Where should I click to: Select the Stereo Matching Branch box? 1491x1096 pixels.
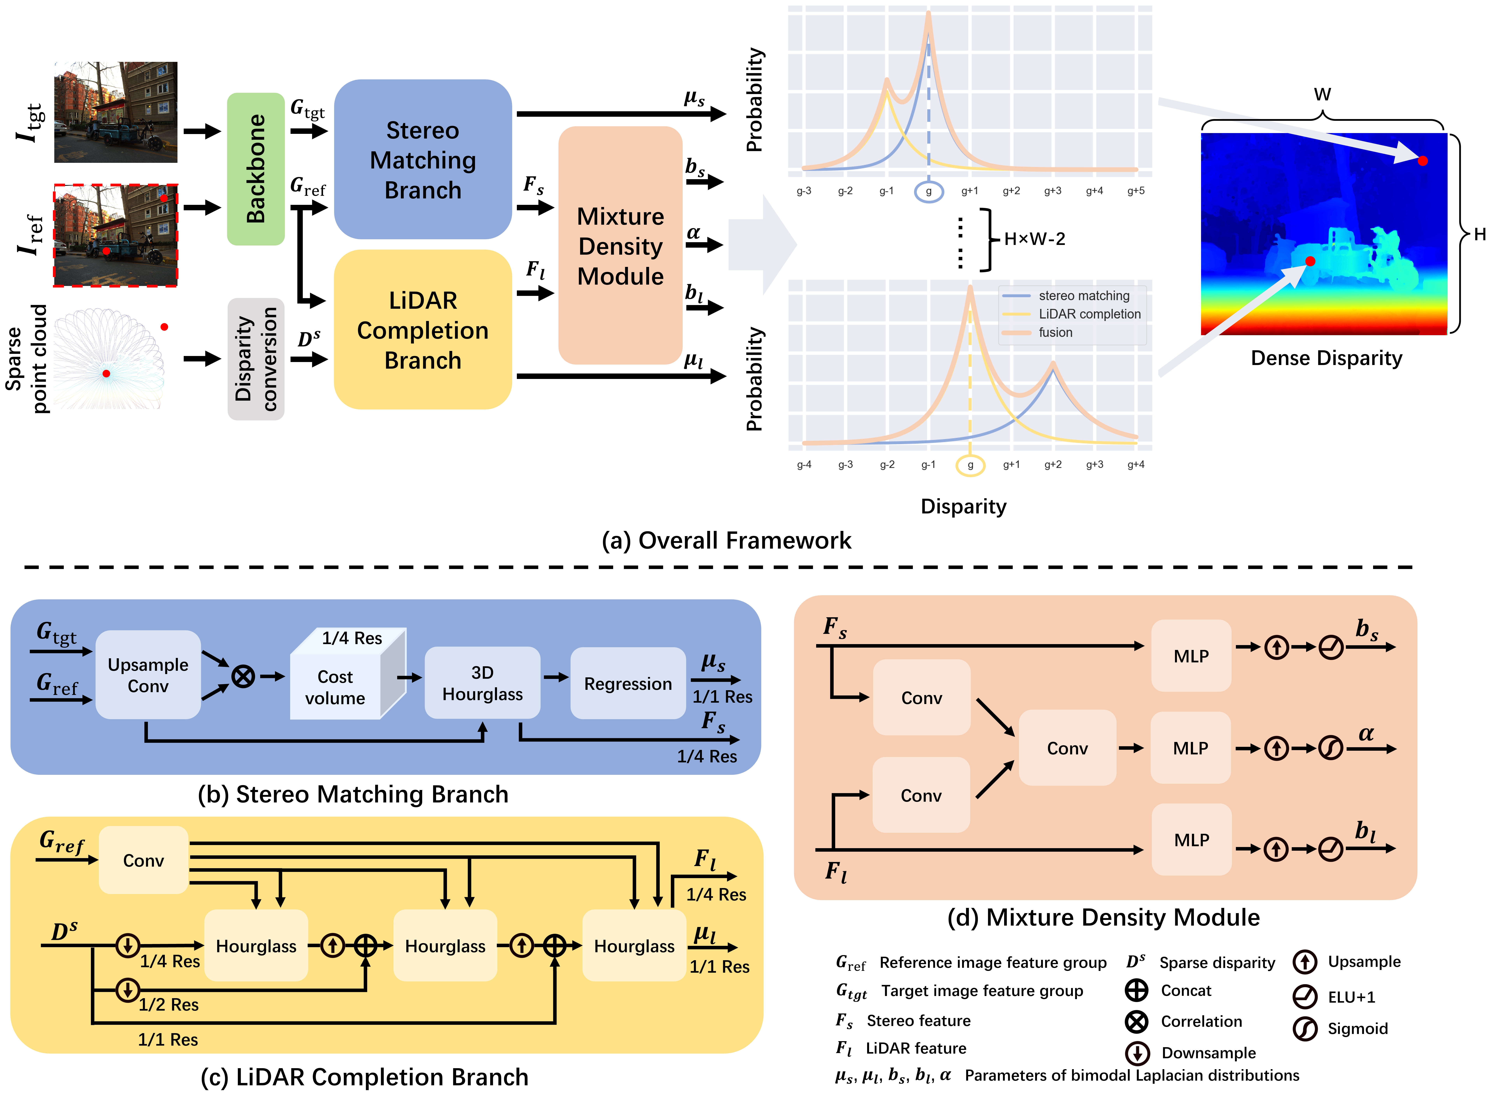click(423, 159)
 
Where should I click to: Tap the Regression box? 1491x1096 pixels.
click(628, 683)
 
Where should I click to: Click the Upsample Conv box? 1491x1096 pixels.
click(148, 675)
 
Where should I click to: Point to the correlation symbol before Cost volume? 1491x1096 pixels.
click(243, 677)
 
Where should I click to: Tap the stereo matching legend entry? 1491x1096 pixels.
click(1084, 295)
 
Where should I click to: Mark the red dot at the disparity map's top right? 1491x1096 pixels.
click(1423, 160)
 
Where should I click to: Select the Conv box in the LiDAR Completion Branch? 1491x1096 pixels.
click(143, 860)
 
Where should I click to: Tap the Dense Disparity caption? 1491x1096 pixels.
click(1326, 358)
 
